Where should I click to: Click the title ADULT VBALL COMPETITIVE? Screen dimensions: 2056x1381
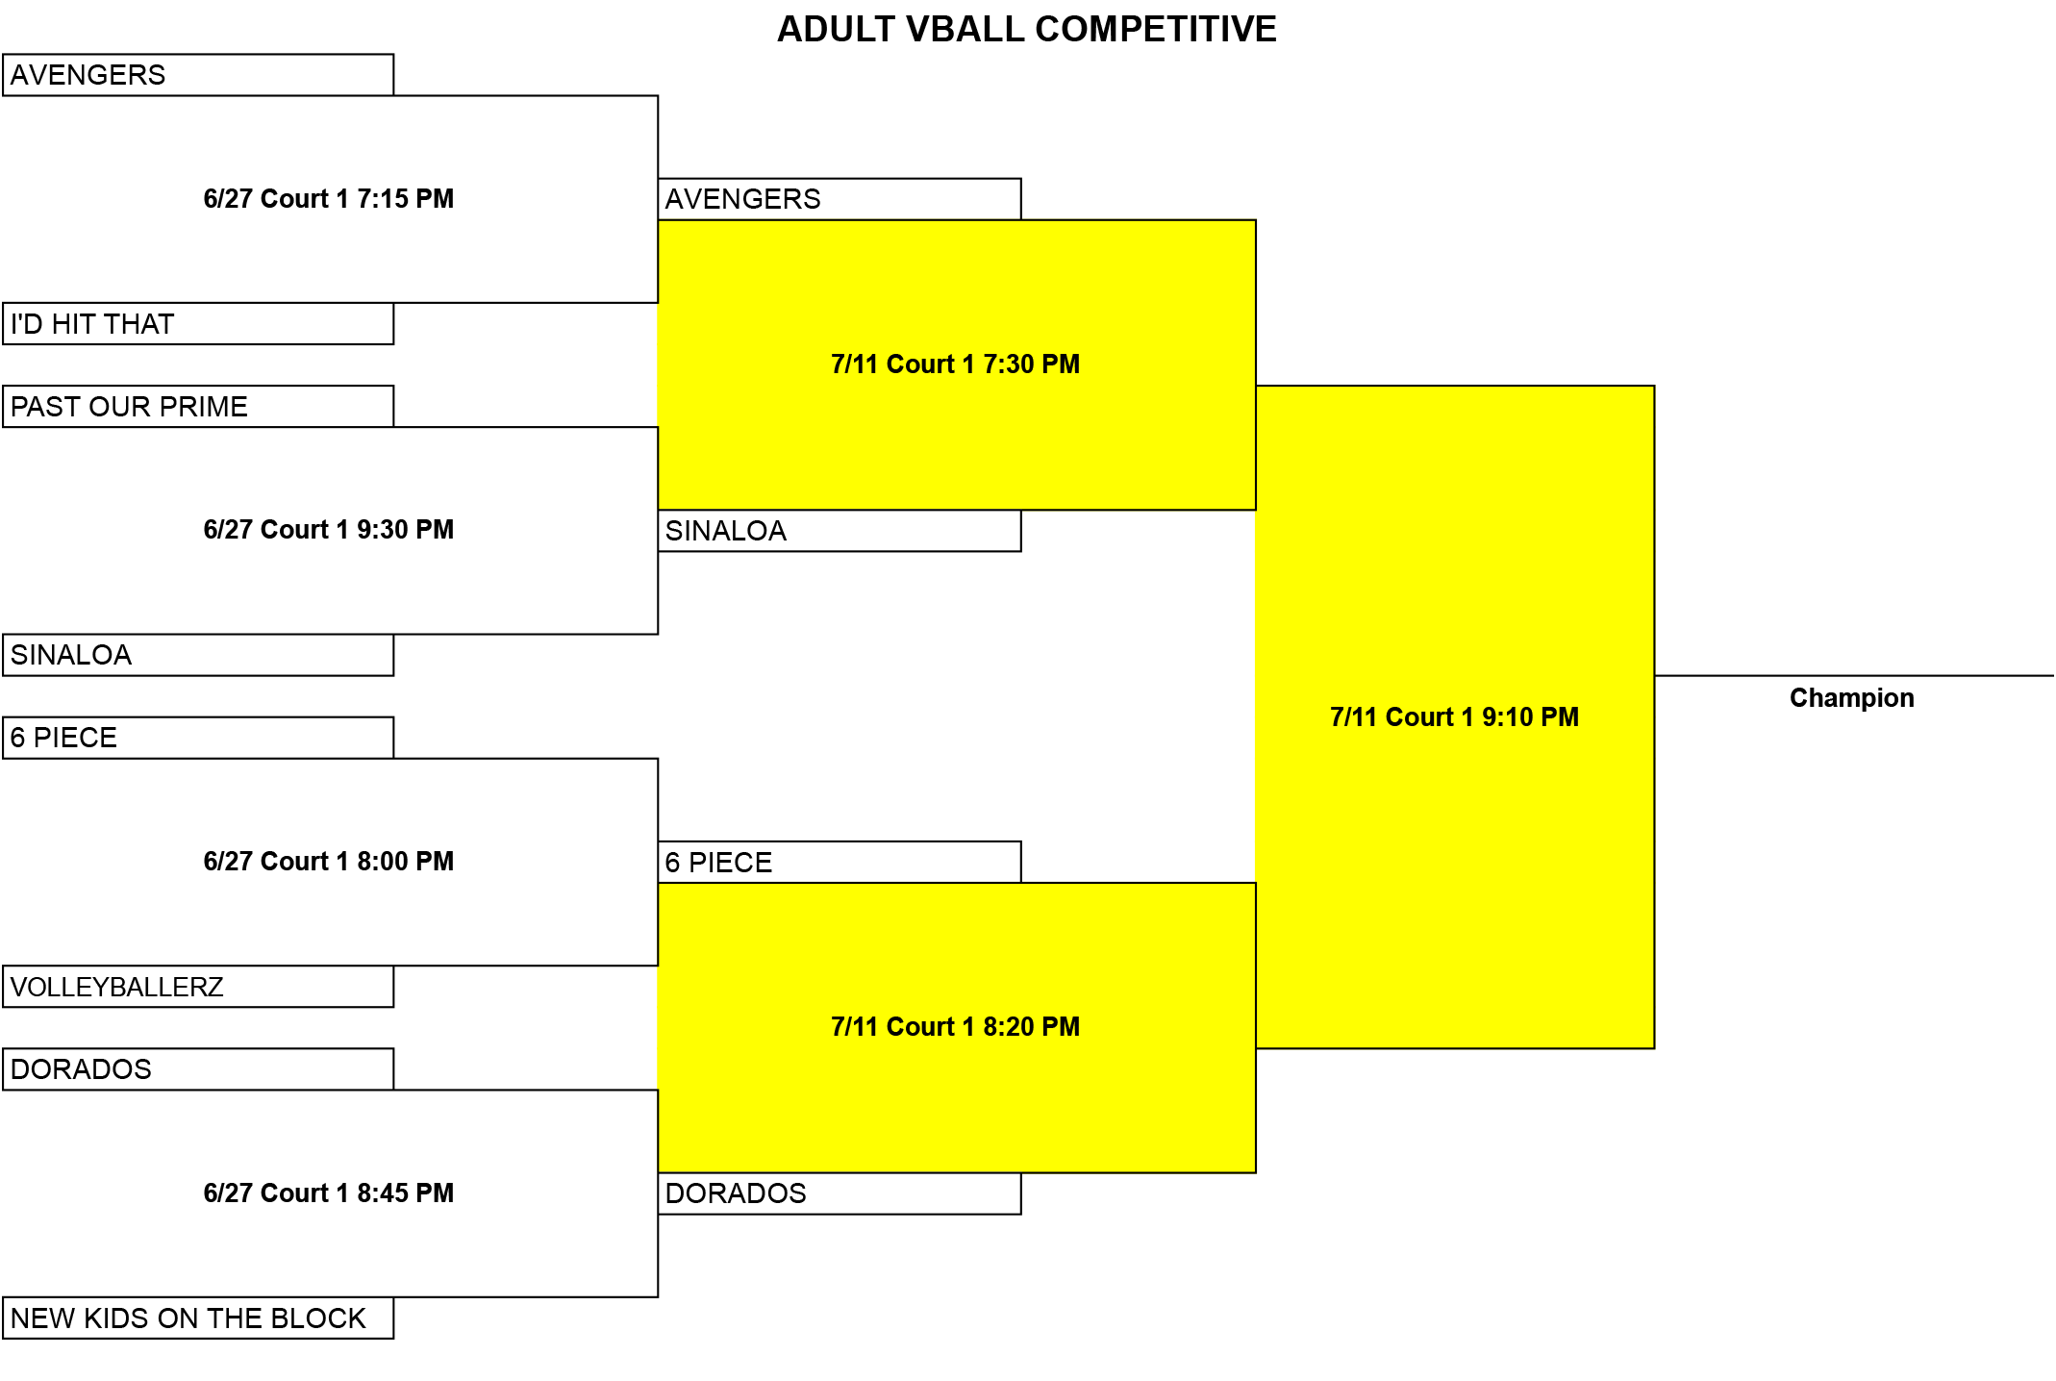1026,29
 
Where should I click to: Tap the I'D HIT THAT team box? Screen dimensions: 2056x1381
198,323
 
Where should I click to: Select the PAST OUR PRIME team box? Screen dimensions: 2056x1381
198,406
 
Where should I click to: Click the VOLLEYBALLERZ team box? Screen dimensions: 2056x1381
198,987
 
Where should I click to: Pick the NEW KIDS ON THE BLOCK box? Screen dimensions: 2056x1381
198,1318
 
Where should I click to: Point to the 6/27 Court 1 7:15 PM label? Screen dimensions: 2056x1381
329,199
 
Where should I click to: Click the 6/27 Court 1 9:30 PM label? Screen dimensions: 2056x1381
329,530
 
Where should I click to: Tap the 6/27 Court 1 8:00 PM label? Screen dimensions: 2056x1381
329,862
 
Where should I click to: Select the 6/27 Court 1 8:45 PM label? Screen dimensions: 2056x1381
329,1193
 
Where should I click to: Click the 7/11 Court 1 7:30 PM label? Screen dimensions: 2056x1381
956,364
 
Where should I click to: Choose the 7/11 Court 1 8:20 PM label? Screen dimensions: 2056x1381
956,1027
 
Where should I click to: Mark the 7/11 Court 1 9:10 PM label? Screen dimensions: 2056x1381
1455,717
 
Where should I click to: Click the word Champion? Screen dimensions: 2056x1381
1852,698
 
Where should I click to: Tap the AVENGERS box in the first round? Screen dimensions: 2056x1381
198,75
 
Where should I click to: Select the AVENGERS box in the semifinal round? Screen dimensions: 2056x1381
840,199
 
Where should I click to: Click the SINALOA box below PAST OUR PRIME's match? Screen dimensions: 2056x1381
198,655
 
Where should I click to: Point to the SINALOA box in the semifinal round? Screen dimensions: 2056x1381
840,531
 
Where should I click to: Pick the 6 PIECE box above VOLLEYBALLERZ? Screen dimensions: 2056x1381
198,738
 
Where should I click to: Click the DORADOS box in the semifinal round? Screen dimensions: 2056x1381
840,1193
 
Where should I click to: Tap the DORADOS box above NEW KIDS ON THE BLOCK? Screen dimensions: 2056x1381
198,1069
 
